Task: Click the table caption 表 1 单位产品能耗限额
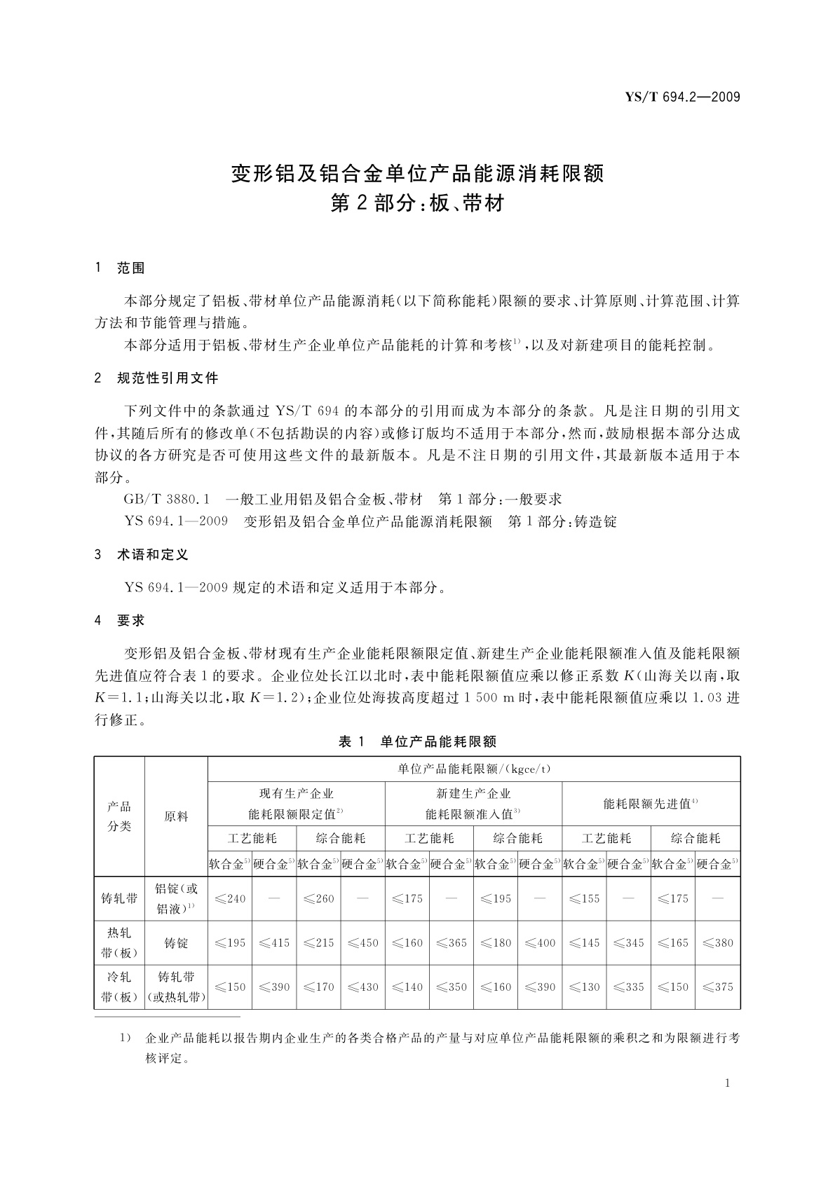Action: pos(417,741)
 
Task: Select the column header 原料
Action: pos(176,816)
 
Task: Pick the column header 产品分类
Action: pos(119,816)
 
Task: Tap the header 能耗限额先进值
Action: pos(650,804)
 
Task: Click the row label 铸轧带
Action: pos(119,898)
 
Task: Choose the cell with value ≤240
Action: pos(230,898)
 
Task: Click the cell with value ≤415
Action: pos(274,942)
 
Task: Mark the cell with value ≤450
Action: pos(362,942)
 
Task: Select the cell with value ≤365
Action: pos(451,942)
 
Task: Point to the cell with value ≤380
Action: pos(717,942)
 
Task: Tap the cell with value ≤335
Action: pos(628,987)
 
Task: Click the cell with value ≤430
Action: pos(362,987)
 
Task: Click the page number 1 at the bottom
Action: pos(727,1083)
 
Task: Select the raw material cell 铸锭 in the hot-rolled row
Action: pos(176,943)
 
